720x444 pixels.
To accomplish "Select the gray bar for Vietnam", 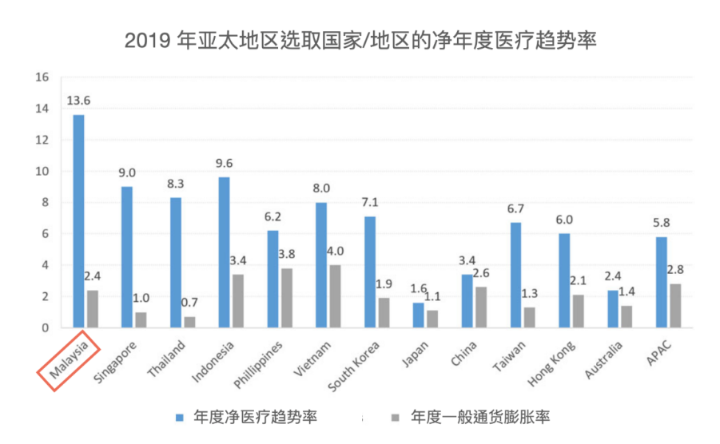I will coord(336,296).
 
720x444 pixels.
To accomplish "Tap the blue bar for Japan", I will coord(418,315).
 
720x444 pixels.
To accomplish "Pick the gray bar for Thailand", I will coord(189,322).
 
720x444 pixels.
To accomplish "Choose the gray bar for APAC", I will coord(676,306).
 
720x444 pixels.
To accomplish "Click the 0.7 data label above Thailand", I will coord(189,303).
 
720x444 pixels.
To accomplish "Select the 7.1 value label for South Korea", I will coord(369,203).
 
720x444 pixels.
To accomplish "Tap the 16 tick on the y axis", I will coord(43,77).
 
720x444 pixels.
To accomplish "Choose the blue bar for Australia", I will coord(613,309).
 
